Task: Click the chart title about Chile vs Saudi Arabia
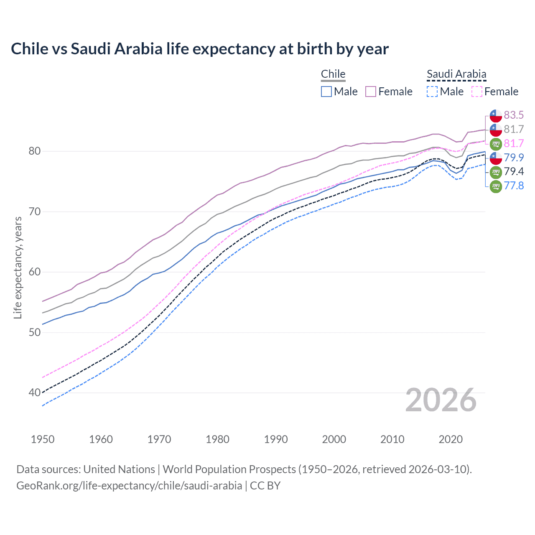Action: click(200, 49)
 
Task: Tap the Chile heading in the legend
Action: click(333, 74)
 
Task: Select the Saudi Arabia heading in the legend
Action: click(456, 74)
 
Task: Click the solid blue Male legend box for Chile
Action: click(326, 92)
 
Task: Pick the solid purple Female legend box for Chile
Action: click(371, 92)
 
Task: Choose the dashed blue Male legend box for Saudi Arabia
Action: click(432, 92)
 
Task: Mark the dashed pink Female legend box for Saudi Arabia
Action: click(477, 92)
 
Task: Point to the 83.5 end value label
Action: click(514, 115)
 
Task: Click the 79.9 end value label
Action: click(514, 158)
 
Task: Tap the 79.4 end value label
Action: click(514, 171)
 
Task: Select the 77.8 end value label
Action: click(514, 186)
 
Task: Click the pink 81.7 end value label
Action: click(514, 143)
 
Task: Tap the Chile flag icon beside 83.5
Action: click(496, 115)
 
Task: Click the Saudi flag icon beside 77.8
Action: click(496, 186)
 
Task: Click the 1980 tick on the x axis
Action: click(217, 439)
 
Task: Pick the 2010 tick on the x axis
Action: click(392, 439)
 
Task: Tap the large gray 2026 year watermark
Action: click(441, 400)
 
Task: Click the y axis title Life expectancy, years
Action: click(18, 267)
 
